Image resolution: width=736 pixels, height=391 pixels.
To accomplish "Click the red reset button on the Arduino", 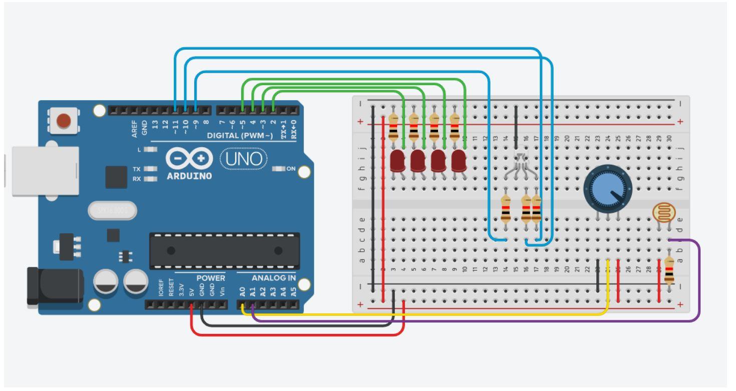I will coord(64,121).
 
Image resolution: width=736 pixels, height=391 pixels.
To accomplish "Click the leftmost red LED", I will coord(397,161).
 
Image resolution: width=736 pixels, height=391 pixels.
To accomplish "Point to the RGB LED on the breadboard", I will coord(521,161).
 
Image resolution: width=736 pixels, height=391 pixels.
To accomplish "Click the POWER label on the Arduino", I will coord(211,278).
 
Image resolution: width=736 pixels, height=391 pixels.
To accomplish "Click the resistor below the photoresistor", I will coord(669,270).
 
